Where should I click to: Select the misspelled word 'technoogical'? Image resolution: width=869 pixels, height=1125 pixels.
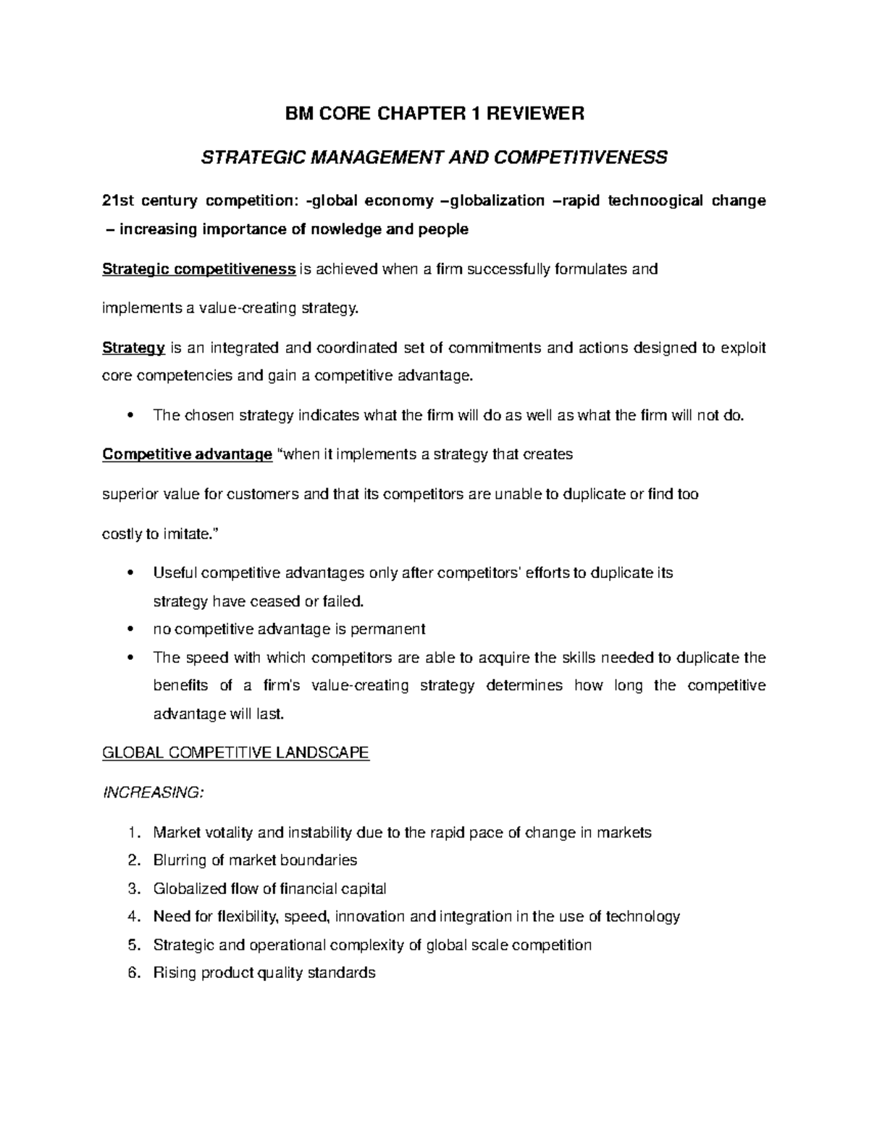tap(655, 201)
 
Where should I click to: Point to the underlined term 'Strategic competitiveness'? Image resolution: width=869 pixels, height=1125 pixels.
tap(199, 269)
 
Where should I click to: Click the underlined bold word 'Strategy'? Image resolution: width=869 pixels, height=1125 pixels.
tap(134, 348)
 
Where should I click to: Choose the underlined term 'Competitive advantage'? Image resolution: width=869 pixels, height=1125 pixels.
tap(188, 454)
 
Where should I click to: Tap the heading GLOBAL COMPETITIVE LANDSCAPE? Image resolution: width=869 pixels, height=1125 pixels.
tap(236, 753)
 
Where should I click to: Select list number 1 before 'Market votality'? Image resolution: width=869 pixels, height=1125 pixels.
tap(131, 832)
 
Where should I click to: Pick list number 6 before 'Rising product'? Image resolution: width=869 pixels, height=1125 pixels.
tap(131, 973)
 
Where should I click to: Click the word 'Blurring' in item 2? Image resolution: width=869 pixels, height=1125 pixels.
tap(180, 861)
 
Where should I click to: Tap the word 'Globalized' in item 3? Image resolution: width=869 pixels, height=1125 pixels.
tap(189, 889)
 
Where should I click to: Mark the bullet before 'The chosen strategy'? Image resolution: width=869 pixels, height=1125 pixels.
tap(130, 416)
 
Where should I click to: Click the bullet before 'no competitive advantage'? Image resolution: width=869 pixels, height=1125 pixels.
tap(130, 630)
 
